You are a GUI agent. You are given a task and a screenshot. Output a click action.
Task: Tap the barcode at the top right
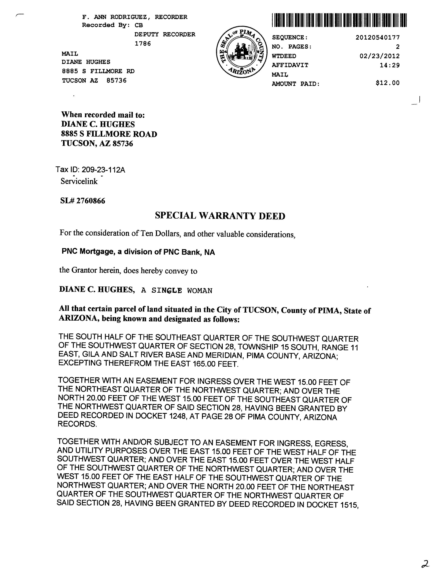[339, 20]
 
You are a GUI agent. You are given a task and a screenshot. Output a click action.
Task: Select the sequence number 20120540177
[377, 38]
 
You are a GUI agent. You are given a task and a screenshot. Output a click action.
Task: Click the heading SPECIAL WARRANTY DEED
[220, 216]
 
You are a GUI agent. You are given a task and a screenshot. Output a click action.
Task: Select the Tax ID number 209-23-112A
[103, 170]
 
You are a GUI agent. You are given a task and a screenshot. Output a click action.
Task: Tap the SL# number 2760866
[90, 201]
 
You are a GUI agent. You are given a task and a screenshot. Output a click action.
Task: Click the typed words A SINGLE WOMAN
[177, 291]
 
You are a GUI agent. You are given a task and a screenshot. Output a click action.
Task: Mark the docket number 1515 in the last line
[348, 504]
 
